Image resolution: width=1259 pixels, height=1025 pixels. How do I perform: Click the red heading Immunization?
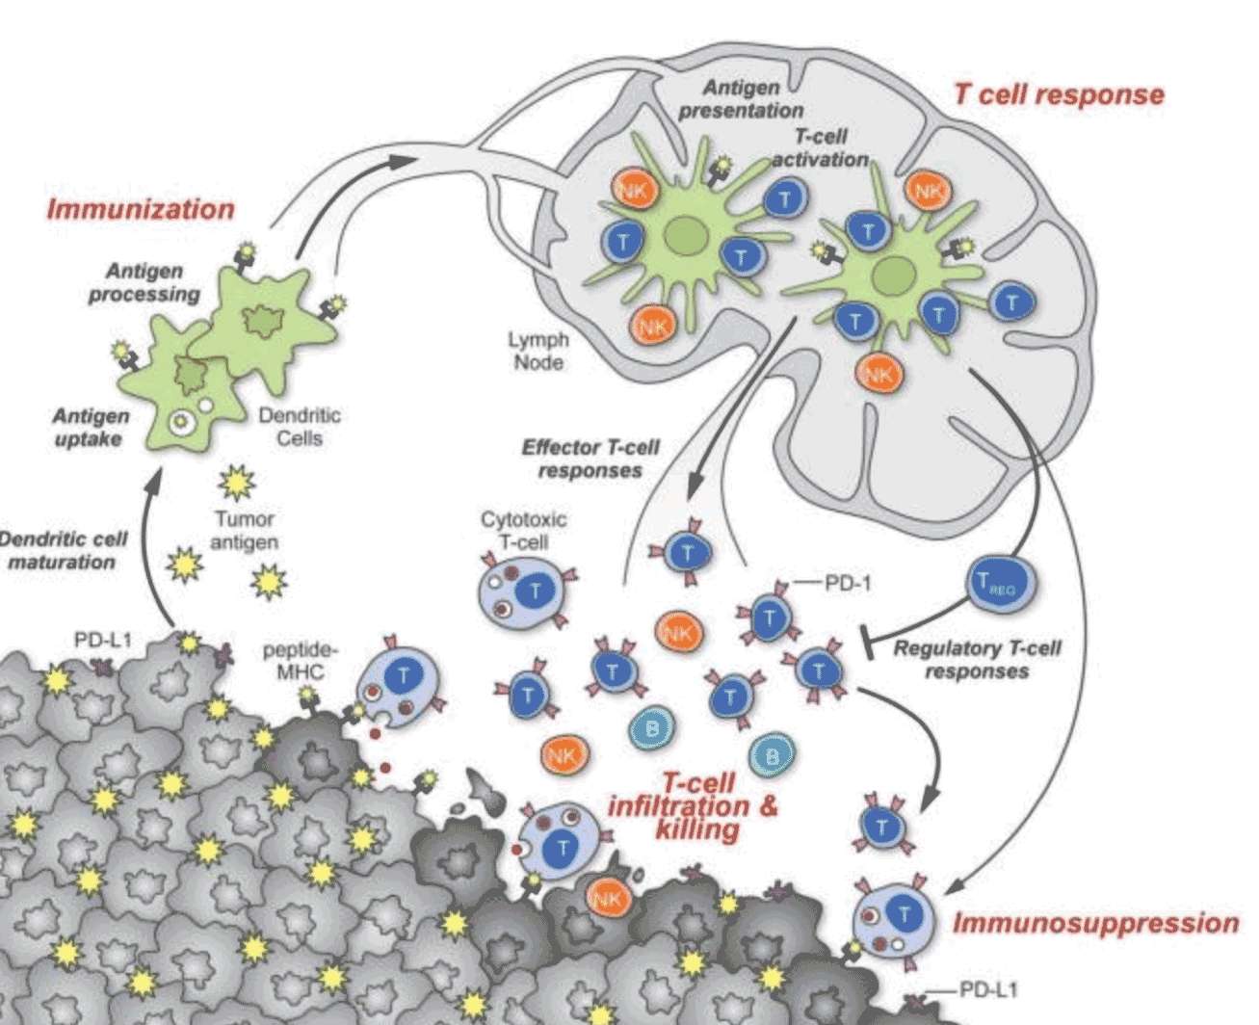tap(141, 209)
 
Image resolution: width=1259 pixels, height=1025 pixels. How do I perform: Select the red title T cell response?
tap(1058, 94)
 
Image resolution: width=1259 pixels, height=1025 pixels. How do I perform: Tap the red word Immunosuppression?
tap(1095, 923)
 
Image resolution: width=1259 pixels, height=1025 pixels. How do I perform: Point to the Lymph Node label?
tap(538, 352)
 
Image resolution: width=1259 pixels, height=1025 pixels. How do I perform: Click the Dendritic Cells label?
tap(300, 427)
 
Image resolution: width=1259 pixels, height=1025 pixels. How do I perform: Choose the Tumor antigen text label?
tap(245, 531)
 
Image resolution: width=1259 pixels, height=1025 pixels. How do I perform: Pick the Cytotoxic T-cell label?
tap(523, 530)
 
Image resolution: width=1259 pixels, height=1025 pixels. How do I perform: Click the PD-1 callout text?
tap(847, 583)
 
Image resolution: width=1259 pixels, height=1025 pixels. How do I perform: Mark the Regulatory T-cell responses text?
tap(977, 660)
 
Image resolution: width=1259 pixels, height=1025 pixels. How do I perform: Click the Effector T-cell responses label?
tap(590, 459)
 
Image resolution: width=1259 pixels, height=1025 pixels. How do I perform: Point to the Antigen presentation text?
tap(740, 99)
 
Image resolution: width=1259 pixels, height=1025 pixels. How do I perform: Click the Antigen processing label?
tap(144, 282)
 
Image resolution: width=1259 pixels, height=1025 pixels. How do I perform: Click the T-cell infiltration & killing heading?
tap(694, 806)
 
